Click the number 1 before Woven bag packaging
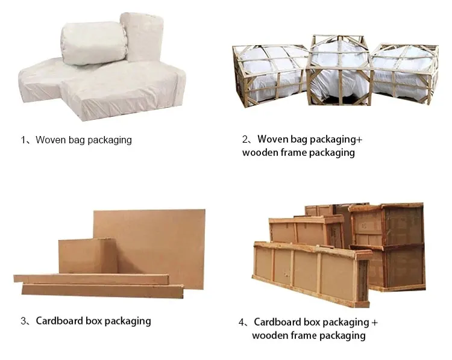(x=24, y=140)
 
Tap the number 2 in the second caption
(x=245, y=140)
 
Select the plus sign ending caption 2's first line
(x=359, y=140)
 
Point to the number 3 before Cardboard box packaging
(x=24, y=321)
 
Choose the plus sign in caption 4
(x=374, y=322)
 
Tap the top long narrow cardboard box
(x=90, y=279)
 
